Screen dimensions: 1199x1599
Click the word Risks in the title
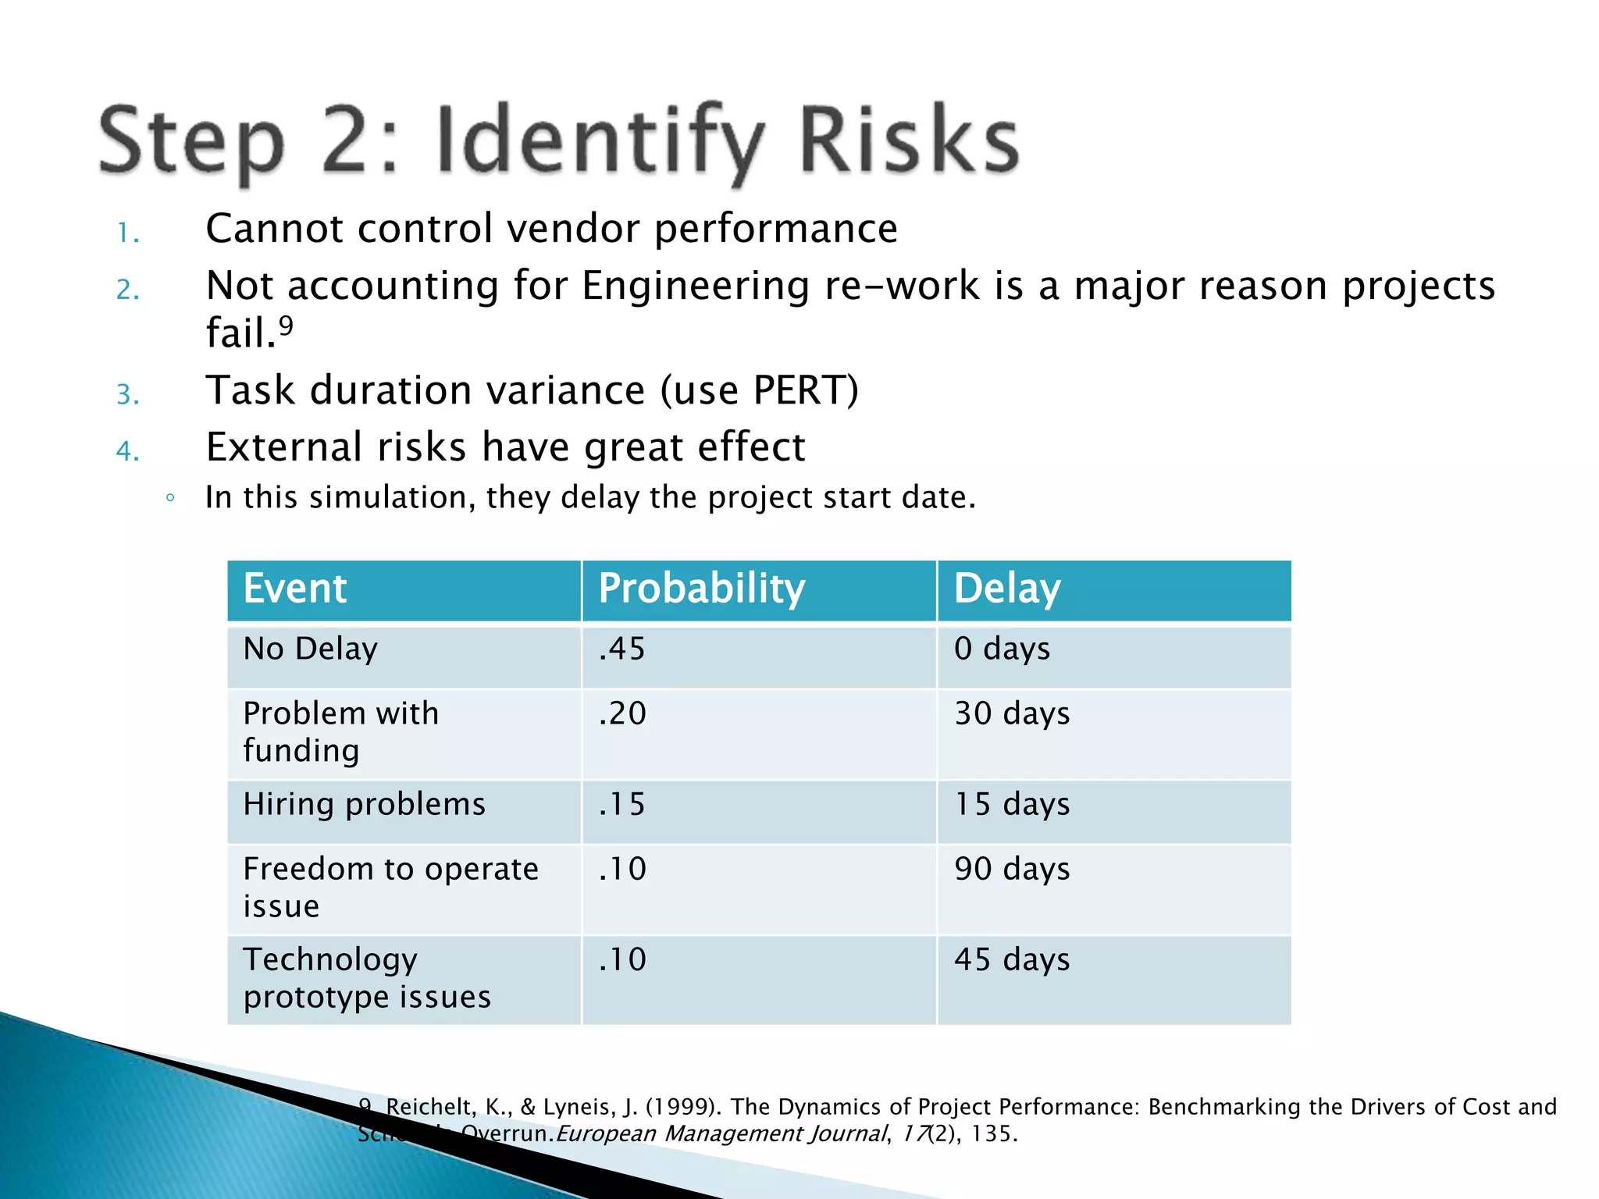click(x=909, y=141)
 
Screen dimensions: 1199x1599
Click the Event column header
click(x=294, y=589)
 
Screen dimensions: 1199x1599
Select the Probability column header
click(x=701, y=589)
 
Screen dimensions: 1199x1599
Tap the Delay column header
click(x=1006, y=589)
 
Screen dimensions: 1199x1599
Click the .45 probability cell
click(x=622, y=649)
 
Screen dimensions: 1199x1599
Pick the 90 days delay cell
click(x=1012, y=870)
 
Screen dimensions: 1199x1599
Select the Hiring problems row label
click(x=364, y=805)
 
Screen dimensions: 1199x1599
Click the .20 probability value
click(x=622, y=714)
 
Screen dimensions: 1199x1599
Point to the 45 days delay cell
click(x=1012, y=960)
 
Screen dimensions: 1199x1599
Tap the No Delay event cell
click(x=310, y=649)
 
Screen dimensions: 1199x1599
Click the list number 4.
click(x=126, y=451)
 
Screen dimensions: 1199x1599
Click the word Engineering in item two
click(x=695, y=286)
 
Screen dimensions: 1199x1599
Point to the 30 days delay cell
click(x=1012, y=714)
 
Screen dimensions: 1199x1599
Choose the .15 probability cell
click(x=622, y=805)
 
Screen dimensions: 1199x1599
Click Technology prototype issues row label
click(x=367, y=979)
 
